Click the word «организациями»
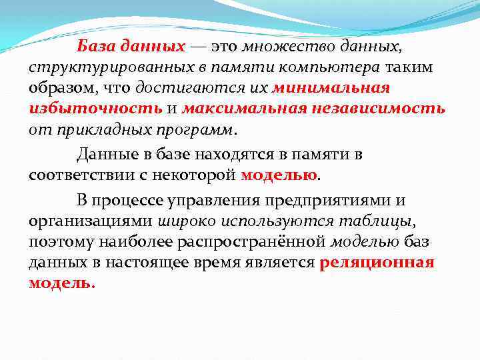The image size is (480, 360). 90,221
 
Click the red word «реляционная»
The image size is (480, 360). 377,262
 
